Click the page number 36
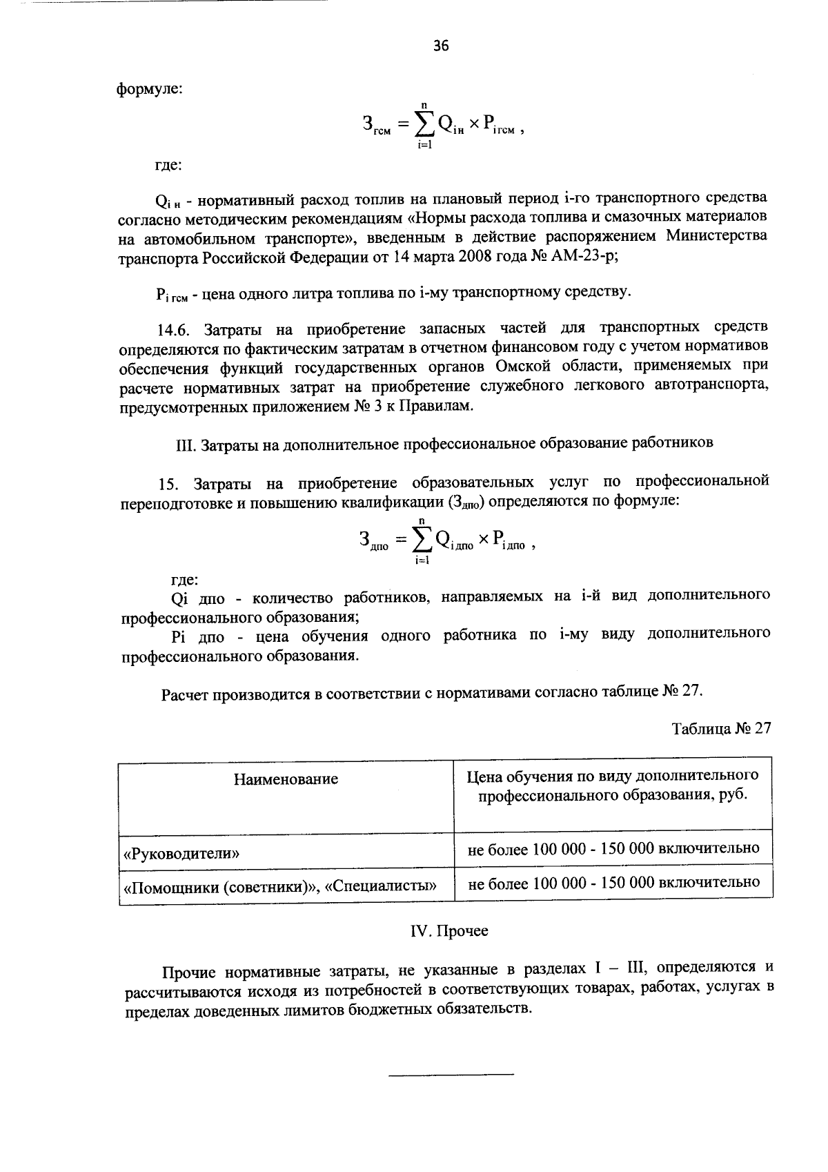click(x=441, y=46)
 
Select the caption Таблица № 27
click(x=720, y=730)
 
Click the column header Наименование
click(x=286, y=780)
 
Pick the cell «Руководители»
click(x=181, y=853)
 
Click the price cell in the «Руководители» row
click(x=613, y=848)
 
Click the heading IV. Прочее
click(x=449, y=931)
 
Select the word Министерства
click(x=717, y=235)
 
